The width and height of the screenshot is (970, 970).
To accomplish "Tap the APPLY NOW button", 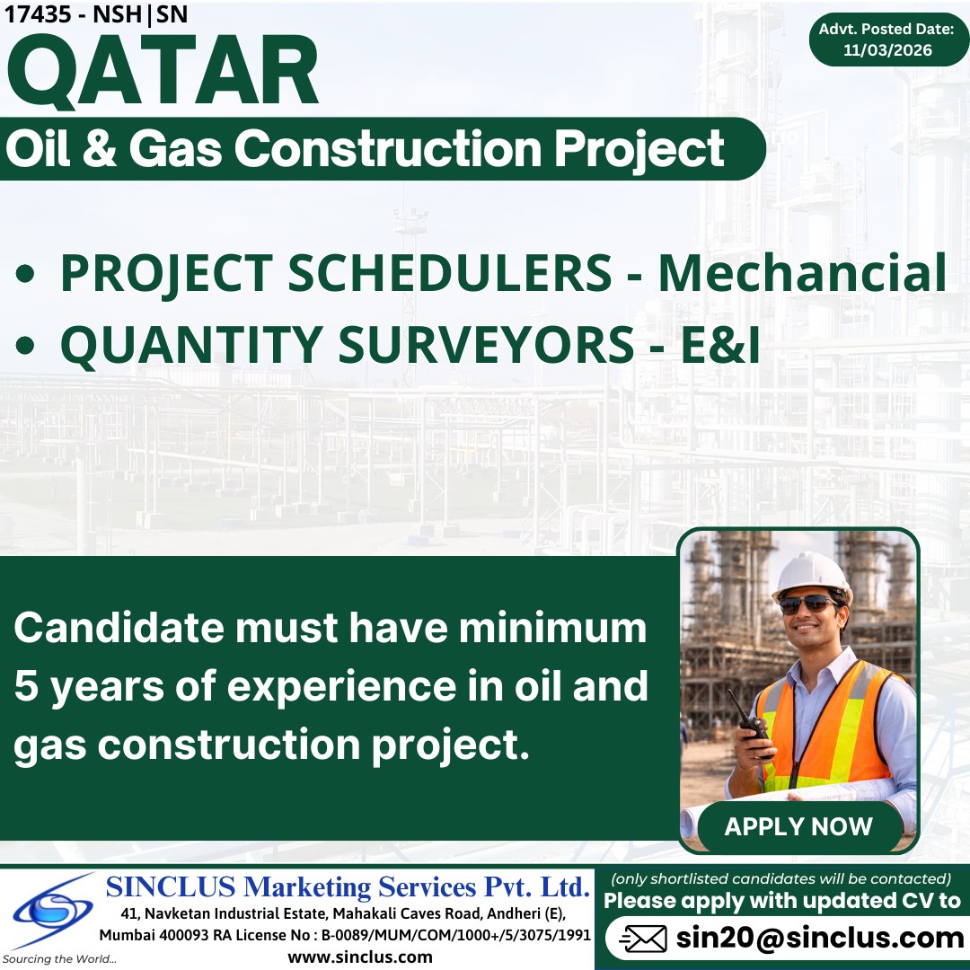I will tap(798, 826).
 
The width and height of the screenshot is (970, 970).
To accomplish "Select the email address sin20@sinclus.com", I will tap(820, 938).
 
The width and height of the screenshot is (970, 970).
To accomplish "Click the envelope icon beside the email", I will tap(643, 939).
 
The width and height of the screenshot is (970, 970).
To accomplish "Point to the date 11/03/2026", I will tap(887, 50).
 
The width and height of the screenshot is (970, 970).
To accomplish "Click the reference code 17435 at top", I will tap(34, 14).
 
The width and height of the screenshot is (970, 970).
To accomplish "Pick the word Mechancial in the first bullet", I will tap(802, 274).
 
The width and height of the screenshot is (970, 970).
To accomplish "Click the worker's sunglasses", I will tap(808, 604).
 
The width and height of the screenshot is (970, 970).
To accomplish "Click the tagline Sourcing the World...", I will tap(59, 959).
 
